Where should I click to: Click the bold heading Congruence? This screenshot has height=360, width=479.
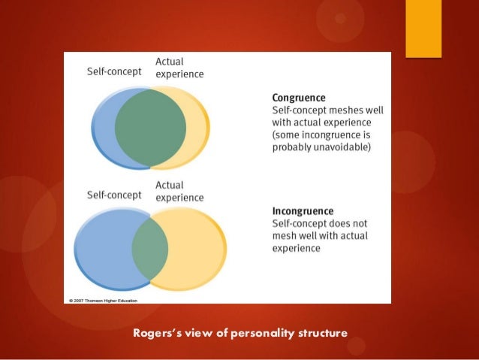click(299, 97)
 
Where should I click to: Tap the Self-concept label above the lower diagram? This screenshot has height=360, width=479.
click(114, 194)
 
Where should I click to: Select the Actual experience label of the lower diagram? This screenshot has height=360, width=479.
click(179, 191)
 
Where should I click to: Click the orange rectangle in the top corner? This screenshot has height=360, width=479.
click(423, 27)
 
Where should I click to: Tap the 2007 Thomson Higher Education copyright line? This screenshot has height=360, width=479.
click(107, 300)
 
